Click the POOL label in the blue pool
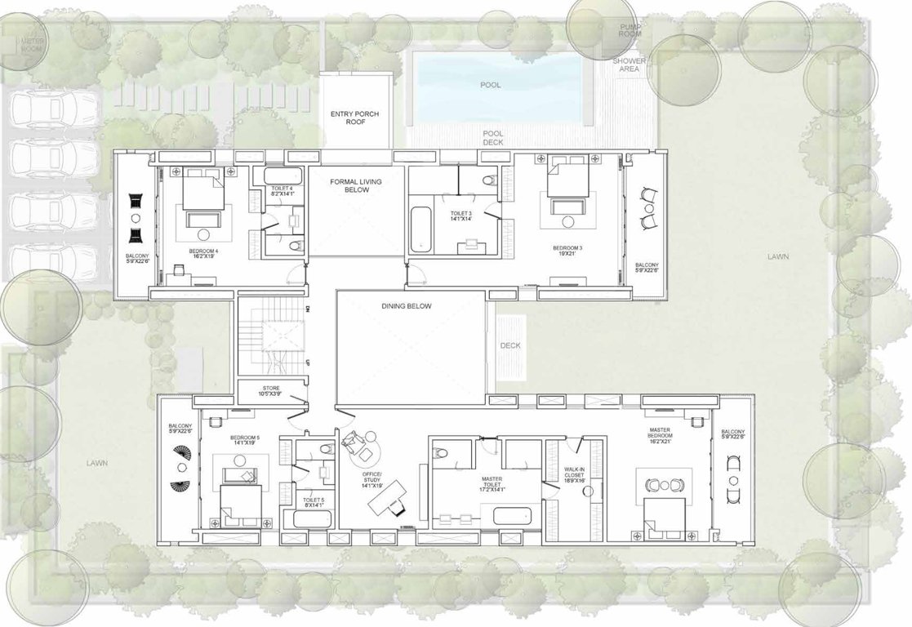point(491,85)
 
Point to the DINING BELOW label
point(406,306)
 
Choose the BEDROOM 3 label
point(568,250)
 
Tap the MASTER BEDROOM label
point(660,435)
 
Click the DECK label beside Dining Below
point(510,345)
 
